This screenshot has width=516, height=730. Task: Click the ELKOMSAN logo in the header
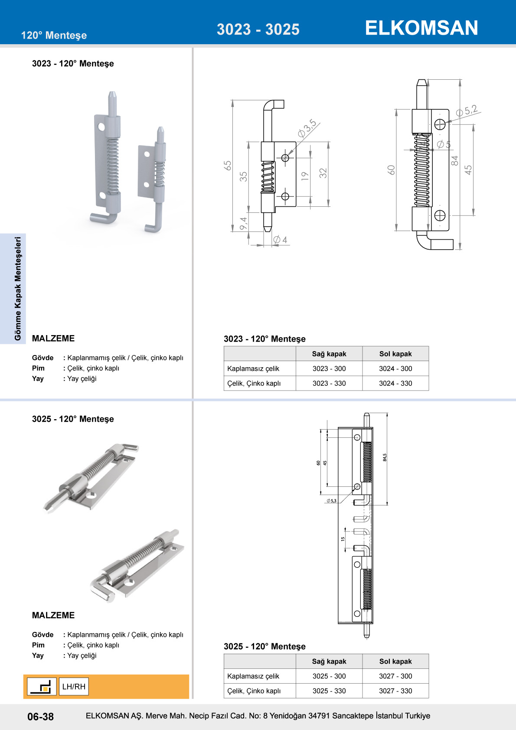(x=421, y=28)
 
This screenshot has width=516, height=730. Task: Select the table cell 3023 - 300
(x=329, y=368)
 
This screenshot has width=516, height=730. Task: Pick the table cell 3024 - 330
(x=395, y=383)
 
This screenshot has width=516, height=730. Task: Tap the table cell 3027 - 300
(x=395, y=676)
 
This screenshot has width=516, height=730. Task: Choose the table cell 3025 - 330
(x=329, y=691)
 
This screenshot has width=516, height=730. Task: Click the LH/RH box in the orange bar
(x=74, y=687)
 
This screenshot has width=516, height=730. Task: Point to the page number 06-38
(x=40, y=717)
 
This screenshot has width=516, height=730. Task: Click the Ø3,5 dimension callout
(x=307, y=128)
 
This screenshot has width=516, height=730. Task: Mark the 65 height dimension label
(x=228, y=166)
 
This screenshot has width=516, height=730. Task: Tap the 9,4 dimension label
(x=243, y=223)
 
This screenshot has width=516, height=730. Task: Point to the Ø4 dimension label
(x=280, y=240)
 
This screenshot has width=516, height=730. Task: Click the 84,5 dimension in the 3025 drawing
(x=385, y=457)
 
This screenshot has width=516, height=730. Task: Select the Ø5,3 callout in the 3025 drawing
(x=332, y=501)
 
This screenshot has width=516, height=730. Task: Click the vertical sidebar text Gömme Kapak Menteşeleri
(x=18, y=289)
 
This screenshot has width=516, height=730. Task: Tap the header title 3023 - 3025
(x=258, y=29)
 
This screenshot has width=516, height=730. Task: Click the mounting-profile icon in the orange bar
(x=41, y=687)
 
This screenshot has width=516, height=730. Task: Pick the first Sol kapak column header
(x=395, y=354)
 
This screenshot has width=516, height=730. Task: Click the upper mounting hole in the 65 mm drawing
(x=285, y=158)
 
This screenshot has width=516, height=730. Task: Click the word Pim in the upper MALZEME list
(x=38, y=368)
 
